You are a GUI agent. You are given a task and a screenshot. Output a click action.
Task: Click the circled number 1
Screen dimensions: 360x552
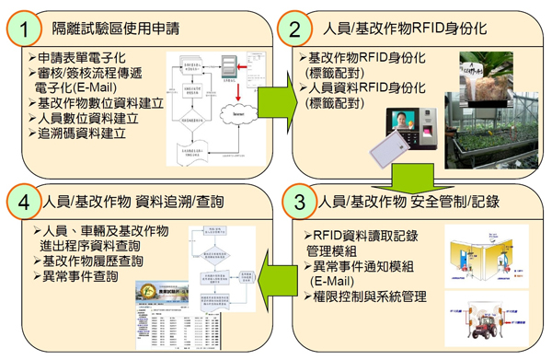25,29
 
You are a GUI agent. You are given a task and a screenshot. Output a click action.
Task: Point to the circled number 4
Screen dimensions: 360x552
25,200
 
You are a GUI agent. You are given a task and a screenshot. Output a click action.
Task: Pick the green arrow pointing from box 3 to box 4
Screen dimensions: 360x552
275,277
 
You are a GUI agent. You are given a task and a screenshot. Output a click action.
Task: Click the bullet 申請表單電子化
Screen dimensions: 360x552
78,57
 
